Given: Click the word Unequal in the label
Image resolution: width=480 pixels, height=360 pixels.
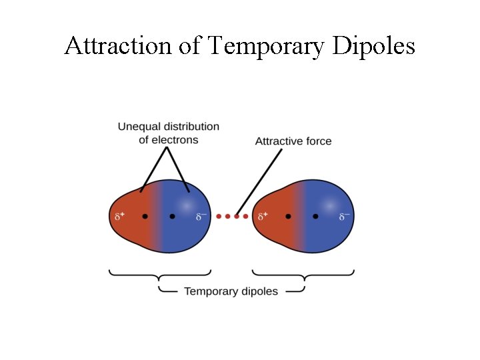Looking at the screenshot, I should coord(137,126).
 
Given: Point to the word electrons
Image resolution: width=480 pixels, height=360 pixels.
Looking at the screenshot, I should coord(175,139).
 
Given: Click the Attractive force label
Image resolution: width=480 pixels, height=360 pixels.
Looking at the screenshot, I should coord(293,141).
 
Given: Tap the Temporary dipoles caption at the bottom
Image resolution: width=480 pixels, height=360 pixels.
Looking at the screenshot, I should coord(231,291).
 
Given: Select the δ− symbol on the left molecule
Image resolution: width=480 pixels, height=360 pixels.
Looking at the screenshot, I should coord(201,217).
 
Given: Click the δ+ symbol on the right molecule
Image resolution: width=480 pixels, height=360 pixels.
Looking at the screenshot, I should coord(263,217).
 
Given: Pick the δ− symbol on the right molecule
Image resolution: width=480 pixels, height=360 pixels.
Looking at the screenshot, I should coord(344,217).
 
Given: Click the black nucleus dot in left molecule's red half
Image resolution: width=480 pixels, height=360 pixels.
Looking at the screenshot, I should coord(145,217).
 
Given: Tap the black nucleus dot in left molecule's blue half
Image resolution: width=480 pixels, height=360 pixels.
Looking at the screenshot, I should coord(172,217).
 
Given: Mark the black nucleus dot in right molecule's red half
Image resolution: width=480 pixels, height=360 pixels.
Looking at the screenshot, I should coord(288,217).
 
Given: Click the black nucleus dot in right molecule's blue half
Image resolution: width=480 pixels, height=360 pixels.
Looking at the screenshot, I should coord(315,217).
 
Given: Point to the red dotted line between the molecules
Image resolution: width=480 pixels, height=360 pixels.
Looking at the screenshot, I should coord(233,217).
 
